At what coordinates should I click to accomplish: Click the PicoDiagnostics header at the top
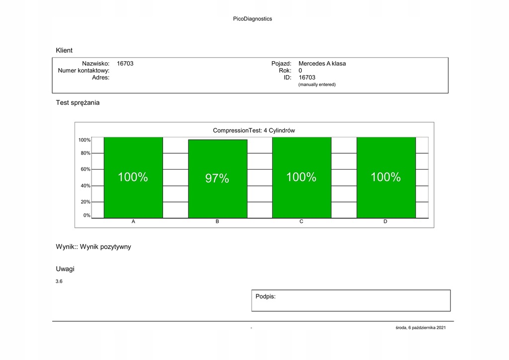[253, 19]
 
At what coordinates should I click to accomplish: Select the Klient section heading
[64, 50]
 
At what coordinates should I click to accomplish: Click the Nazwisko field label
[95, 64]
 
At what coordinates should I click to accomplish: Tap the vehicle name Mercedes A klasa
[322, 64]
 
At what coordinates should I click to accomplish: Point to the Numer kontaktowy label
[84, 71]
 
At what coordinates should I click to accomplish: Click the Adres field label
[101, 78]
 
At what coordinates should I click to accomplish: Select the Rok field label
[285, 71]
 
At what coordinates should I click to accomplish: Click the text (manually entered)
[317, 85]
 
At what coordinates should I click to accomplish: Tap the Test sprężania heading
[78, 102]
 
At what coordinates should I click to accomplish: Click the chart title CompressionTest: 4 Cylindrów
[254, 130]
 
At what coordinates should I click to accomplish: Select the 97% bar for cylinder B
[217, 179]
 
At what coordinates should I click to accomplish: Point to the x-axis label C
[301, 221]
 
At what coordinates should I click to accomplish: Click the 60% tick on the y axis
[85, 169]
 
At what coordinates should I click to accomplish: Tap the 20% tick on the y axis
[85, 202]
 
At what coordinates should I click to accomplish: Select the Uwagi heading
[65, 269]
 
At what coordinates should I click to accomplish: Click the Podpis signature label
[265, 296]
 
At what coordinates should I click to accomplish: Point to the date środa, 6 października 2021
[424, 328]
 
